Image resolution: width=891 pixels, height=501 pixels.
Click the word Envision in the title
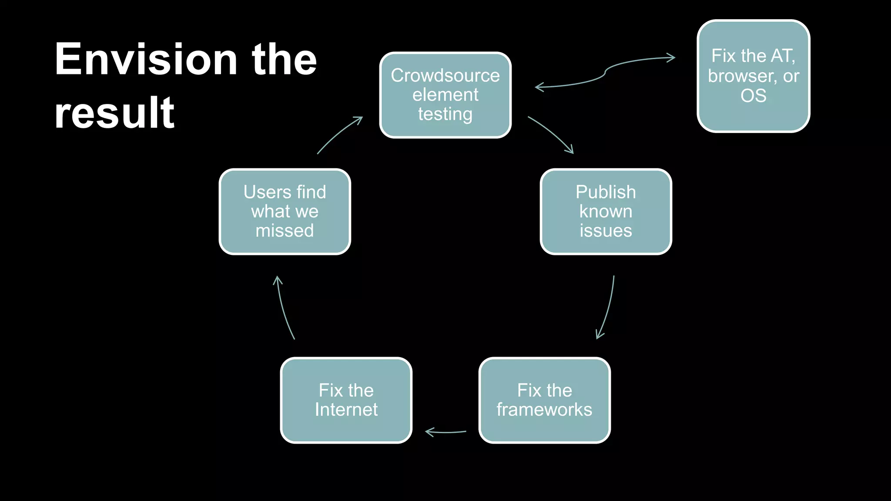[146, 59]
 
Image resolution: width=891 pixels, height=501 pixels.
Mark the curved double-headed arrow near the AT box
[605, 73]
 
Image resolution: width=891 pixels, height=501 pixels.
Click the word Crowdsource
[445, 76]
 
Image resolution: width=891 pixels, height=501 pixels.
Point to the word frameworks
[544, 410]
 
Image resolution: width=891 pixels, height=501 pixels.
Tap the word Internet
[346, 410]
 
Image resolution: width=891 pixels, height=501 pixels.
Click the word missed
[285, 230]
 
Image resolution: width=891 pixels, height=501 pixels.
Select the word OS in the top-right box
[753, 96]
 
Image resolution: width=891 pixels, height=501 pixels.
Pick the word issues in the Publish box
[606, 230]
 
